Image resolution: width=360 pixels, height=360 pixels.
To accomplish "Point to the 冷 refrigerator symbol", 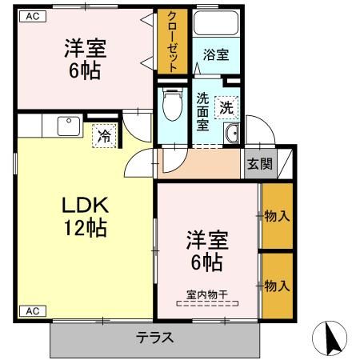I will coord(104,136).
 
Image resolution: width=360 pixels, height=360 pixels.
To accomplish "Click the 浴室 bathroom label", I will coord(215,55).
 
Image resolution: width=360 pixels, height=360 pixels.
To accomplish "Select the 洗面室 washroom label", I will coord(203,113).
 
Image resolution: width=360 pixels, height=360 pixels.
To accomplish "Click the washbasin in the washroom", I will coord(233,134).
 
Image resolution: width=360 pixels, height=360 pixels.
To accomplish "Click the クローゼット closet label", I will coord(173,42).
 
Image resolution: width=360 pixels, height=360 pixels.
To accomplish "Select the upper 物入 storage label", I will coord(276,215).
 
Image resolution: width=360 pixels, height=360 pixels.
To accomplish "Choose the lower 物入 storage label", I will coord(276,285).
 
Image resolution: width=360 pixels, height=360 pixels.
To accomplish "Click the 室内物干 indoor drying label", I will coord(207,294).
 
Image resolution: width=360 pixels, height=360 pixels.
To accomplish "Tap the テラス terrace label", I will coord(154,337).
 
